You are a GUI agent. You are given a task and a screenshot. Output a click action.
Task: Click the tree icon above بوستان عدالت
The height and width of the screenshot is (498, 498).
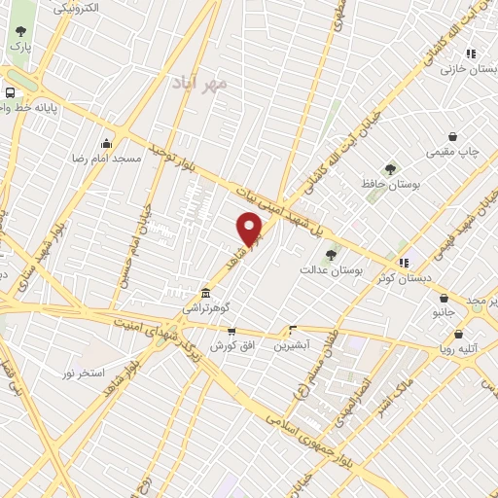(x=331, y=255)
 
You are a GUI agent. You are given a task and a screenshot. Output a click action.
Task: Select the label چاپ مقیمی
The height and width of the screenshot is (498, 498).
(x=452, y=154)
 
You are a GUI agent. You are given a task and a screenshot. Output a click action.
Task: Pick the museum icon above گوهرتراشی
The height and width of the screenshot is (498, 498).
(x=204, y=293)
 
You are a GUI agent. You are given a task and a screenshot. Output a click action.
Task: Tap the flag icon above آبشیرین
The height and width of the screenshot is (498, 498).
(x=292, y=330)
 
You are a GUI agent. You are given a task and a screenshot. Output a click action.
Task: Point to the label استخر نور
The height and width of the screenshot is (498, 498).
(x=84, y=373)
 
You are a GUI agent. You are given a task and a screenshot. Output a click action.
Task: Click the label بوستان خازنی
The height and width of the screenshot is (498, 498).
(x=463, y=70)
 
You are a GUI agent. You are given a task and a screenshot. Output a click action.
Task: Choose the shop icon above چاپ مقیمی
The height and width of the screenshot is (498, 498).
(x=452, y=137)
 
